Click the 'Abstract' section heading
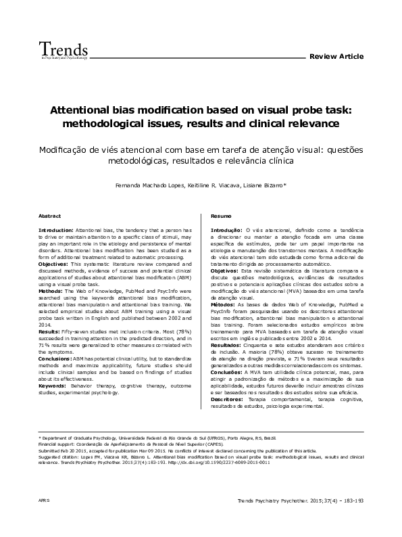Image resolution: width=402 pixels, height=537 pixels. (x=49, y=216)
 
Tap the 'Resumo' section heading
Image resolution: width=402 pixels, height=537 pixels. (x=220, y=216)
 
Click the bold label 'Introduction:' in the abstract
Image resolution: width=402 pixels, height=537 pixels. (x=56, y=231)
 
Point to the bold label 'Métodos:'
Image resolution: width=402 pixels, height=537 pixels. (x=225, y=306)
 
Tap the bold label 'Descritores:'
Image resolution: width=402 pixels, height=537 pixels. (x=229, y=399)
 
